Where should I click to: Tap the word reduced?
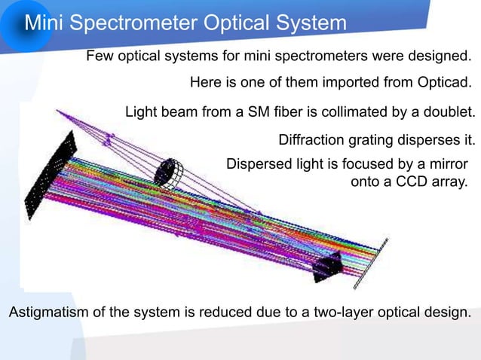224,313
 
